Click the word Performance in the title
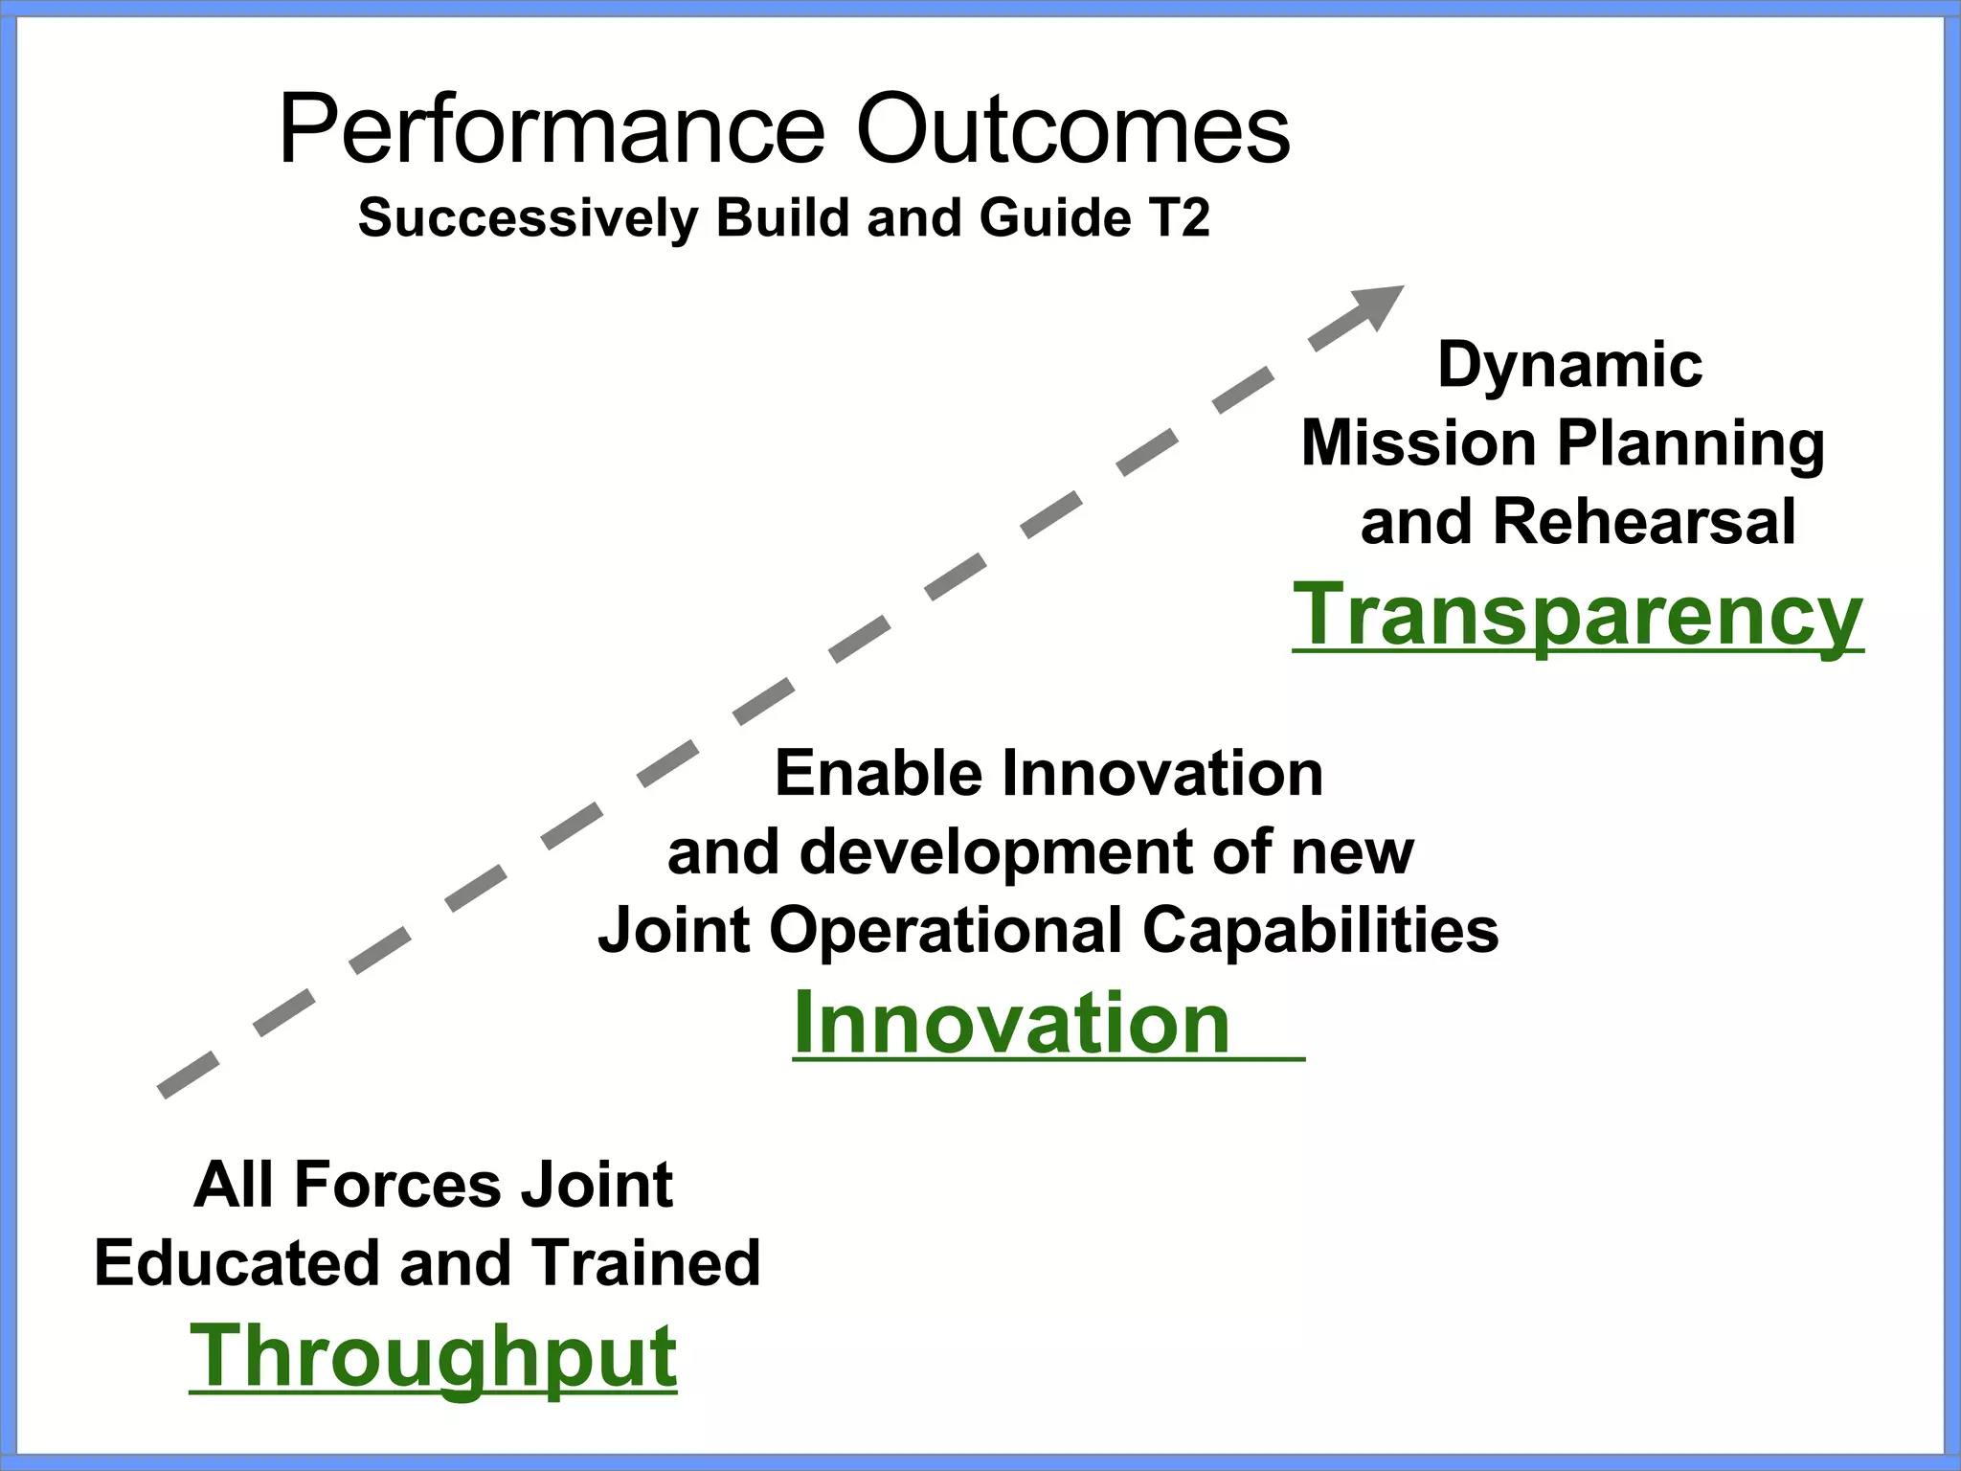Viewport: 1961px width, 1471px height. point(552,131)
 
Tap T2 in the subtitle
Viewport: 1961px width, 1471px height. point(1181,217)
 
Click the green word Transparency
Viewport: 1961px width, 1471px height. point(1577,616)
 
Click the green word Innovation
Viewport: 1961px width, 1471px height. point(1012,1024)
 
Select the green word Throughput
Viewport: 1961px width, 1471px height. point(433,1357)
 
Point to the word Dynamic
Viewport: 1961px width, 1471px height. point(1569,365)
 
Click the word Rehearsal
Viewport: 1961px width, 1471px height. point(1643,522)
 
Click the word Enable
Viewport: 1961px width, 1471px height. point(878,773)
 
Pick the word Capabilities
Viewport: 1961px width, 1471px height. point(1320,930)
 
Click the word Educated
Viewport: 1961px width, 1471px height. point(238,1262)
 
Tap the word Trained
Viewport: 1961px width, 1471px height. point(646,1262)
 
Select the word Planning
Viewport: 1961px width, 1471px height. point(1691,445)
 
